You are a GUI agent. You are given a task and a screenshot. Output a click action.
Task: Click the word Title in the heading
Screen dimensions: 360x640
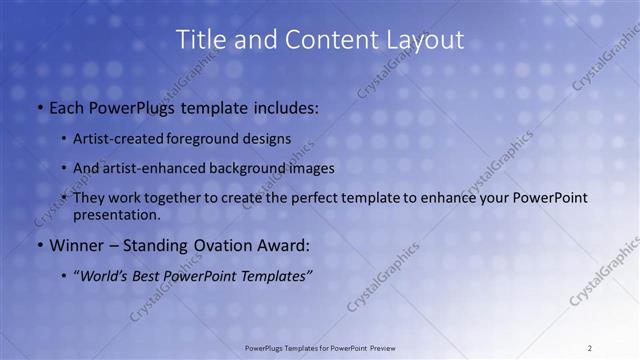200,40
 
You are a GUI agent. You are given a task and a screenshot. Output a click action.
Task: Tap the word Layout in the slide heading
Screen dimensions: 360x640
426,40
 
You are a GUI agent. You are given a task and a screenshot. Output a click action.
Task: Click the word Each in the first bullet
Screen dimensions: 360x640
66,105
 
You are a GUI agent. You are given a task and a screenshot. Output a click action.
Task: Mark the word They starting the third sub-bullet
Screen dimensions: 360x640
89,198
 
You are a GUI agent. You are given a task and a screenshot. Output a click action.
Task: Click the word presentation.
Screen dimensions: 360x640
116,214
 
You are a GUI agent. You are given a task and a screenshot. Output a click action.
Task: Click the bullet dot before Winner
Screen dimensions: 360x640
39,245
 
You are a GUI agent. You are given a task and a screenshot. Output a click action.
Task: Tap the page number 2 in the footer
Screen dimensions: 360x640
589,348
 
